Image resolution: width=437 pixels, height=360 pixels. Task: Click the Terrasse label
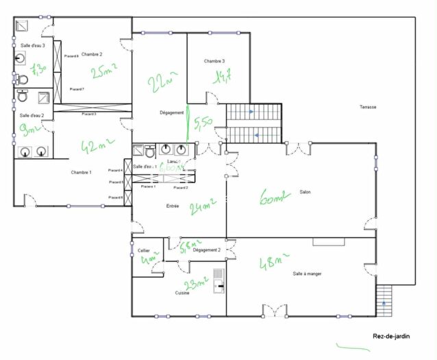point(369,107)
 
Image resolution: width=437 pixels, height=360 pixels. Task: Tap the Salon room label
point(305,192)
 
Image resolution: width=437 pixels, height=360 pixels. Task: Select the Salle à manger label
point(307,274)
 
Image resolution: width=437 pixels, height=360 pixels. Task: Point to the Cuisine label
point(182,293)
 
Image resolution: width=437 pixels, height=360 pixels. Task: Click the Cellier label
point(144,251)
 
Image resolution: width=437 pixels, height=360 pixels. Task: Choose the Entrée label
point(173,206)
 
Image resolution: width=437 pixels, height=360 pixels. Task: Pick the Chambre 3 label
point(214,62)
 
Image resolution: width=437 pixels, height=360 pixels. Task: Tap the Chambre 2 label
point(91,54)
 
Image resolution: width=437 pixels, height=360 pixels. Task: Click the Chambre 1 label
point(81,172)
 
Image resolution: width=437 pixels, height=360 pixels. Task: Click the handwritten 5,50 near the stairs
point(203,123)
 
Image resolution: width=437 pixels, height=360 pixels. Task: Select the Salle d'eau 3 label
point(32,45)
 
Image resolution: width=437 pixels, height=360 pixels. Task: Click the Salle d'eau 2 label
point(32,115)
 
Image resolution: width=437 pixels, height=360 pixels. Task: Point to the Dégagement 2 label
point(206,250)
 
